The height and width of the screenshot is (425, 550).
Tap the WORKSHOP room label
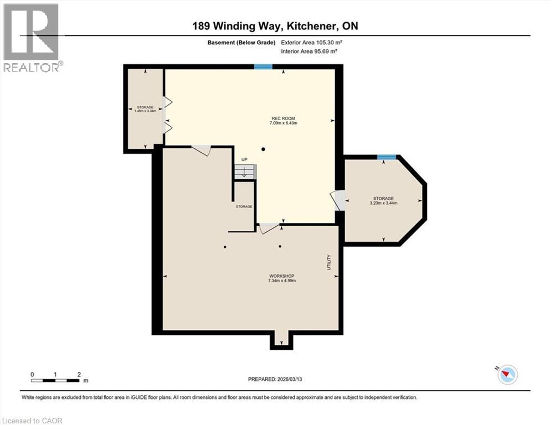point(281,276)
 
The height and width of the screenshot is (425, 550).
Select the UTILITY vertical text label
point(328,262)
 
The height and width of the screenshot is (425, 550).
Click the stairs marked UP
point(244,172)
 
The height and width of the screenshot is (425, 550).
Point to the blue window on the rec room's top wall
point(263,67)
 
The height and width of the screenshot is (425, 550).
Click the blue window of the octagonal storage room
point(386,158)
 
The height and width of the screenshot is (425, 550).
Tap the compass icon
point(507,375)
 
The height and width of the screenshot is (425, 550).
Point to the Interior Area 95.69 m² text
point(310,51)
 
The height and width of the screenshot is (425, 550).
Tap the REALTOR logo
point(32,38)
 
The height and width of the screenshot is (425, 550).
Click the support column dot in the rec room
point(264,149)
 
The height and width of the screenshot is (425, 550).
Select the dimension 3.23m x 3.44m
point(383,203)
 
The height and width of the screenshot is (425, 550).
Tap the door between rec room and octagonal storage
point(337,200)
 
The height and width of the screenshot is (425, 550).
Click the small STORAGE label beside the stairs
point(244,206)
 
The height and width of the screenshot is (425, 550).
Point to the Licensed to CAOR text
point(33,421)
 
